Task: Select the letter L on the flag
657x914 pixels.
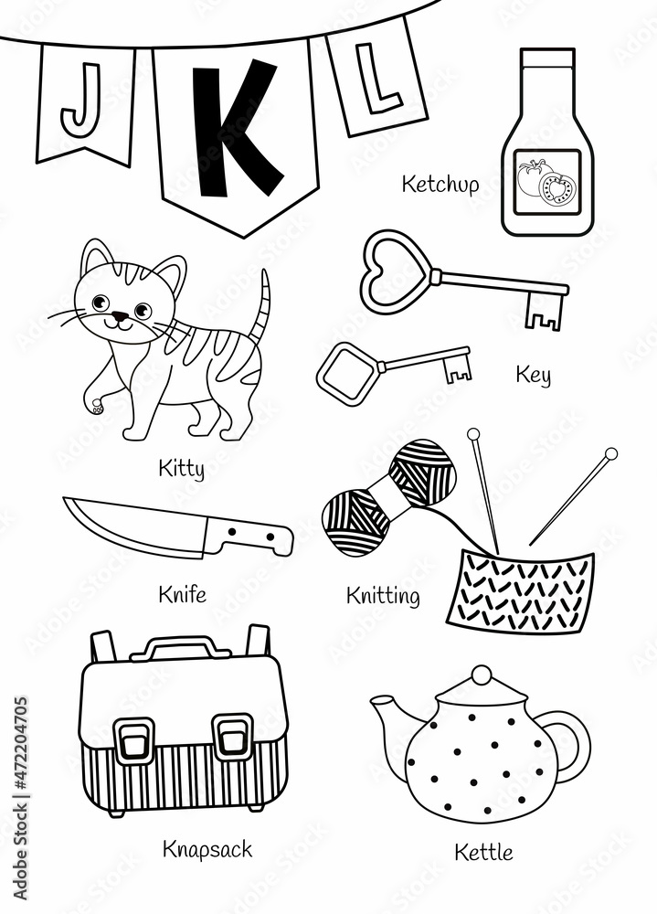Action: [x=372, y=83]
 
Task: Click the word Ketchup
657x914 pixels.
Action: [x=440, y=185]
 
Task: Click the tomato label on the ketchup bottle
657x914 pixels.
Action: [x=546, y=182]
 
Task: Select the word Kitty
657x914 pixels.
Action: [x=180, y=470]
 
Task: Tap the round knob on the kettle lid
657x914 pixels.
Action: [x=481, y=677]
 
